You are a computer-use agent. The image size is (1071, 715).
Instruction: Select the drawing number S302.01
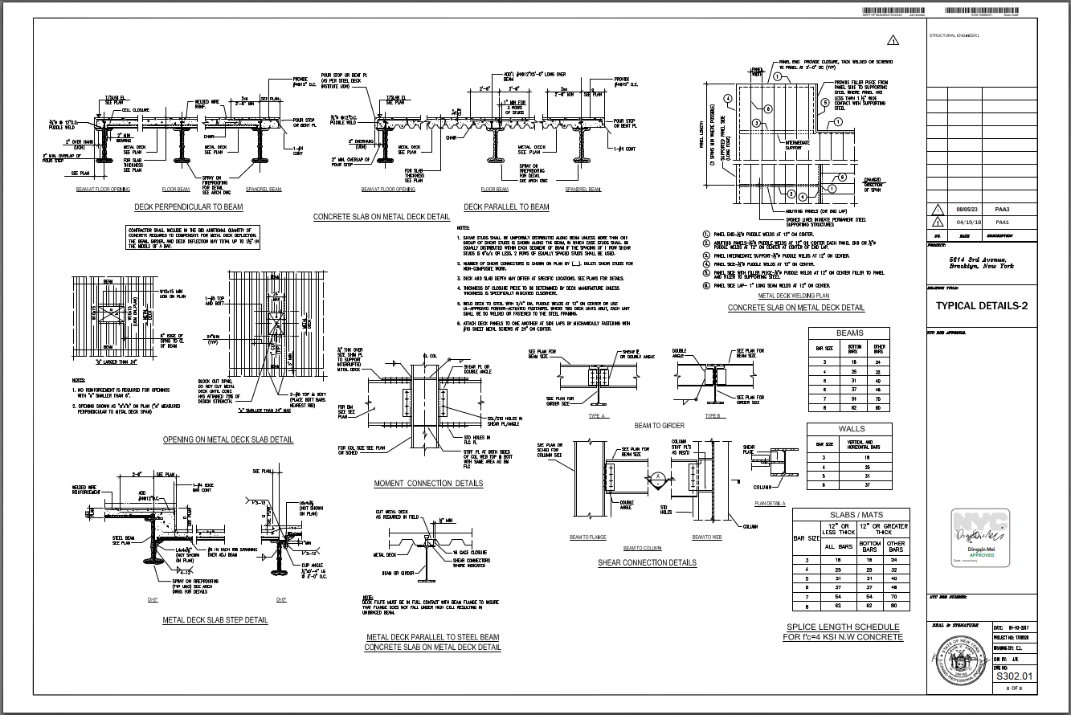point(1012,676)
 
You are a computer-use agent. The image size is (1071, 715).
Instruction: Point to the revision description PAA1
point(1002,223)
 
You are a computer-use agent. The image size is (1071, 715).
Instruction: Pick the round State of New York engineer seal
point(959,659)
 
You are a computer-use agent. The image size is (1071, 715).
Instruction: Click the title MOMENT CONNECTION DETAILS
point(428,484)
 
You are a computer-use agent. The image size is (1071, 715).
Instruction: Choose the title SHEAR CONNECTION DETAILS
point(647,562)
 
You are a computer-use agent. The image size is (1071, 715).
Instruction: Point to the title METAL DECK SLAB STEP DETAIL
point(215,620)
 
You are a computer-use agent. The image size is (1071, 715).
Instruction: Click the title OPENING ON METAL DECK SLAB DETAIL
point(227,439)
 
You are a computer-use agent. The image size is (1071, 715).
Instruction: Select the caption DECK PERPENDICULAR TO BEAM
point(189,206)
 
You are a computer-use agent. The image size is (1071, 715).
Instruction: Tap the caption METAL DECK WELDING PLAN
point(794,296)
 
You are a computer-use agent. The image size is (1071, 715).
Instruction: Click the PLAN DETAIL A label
point(770,503)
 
